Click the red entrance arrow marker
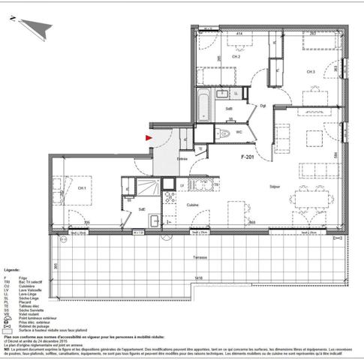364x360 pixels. tap(149, 137)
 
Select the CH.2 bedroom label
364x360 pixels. tap(235, 56)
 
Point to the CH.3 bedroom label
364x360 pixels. tap(311, 71)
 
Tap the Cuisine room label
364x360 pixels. tap(192, 204)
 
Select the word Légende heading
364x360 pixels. tap(12, 268)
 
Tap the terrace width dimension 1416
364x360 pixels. tap(198, 278)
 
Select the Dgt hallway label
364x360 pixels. tap(263, 106)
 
